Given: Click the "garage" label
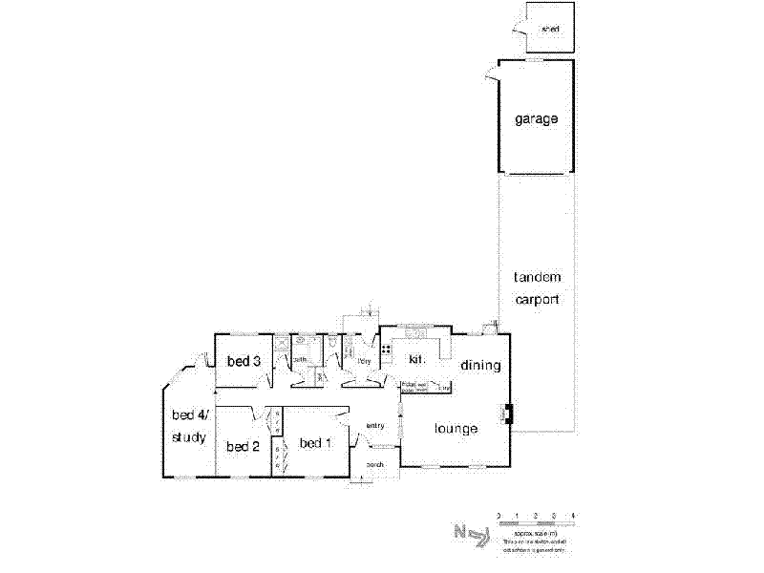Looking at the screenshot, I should click(536, 119).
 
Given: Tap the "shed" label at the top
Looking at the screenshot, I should click(549, 30).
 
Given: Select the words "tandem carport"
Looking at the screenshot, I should click(537, 287).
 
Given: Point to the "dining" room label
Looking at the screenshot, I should click(480, 365).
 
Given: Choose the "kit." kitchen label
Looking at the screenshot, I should click(415, 359).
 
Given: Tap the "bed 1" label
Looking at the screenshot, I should click(315, 443).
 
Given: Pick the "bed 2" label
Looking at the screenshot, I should click(243, 446).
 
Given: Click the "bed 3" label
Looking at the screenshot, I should click(244, 361).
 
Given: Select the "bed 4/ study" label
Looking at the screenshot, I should click(188, 426).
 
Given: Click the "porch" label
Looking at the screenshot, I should click(374, 465).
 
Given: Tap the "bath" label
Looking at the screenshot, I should click(299, 360).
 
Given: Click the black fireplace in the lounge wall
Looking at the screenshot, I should click(508, 414).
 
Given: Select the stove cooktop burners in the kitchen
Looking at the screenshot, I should click(386, 350).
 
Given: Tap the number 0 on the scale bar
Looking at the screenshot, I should click(499, 516).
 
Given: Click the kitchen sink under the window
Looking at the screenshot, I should click(417, 334).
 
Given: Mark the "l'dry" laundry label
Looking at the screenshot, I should click(364, 361).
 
